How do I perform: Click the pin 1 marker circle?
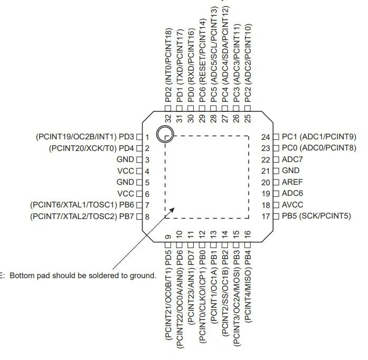click(x=166, y=134)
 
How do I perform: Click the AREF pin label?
click(x=292, y=182)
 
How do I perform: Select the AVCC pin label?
click(x=292, y=205)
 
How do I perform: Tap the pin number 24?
click(x=266, y=137)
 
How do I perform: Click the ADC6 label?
click(x=292, y=194)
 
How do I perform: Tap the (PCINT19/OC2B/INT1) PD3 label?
click(x=85, y=137)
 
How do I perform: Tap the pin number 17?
click(x=266, y=216)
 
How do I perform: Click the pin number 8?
click(x=147, y=216)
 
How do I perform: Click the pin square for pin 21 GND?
click(x=276, y=171)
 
